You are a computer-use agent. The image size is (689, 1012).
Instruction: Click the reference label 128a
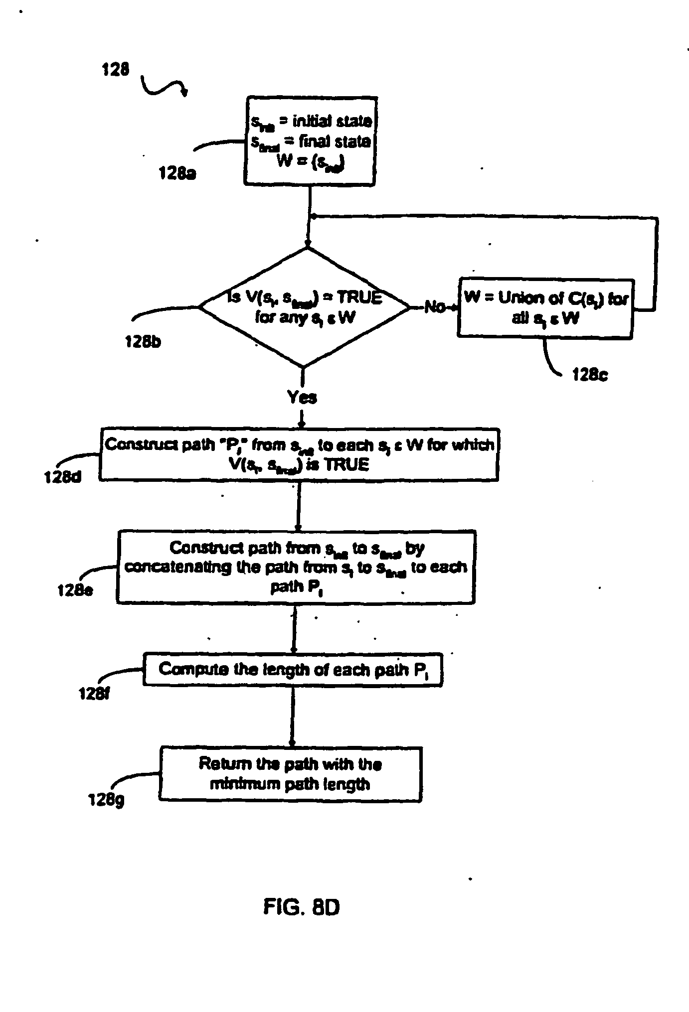tap(177, 173)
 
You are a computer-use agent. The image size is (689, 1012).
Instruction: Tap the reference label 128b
tap(143, 342)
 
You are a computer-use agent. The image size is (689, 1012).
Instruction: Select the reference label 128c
tap(590, 375)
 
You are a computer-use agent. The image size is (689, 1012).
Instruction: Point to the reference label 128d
tap(63, 477)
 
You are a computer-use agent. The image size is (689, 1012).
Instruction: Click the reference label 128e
tap(75, 590)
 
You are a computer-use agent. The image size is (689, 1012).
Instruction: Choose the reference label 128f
tap(94, 693)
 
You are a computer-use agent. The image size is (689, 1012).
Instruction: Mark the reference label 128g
tap(106, 800)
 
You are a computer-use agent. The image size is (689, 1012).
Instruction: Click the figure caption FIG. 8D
tap(302, 907)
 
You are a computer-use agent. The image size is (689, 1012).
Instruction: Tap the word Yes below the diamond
tap(302, 397)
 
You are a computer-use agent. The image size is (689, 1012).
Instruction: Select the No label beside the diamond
tap(434, 307)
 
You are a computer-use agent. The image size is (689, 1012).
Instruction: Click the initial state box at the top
tap(310, 142)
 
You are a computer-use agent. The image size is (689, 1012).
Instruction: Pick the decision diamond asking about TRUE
tap(305, 308)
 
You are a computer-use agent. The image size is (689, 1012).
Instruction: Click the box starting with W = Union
tap(545, 308)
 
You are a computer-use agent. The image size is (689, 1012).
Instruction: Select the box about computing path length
tap(293, 669)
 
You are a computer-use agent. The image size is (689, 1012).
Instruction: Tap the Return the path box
tap(291, 774)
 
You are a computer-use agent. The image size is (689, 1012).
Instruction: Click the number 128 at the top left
tap(115, 69)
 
